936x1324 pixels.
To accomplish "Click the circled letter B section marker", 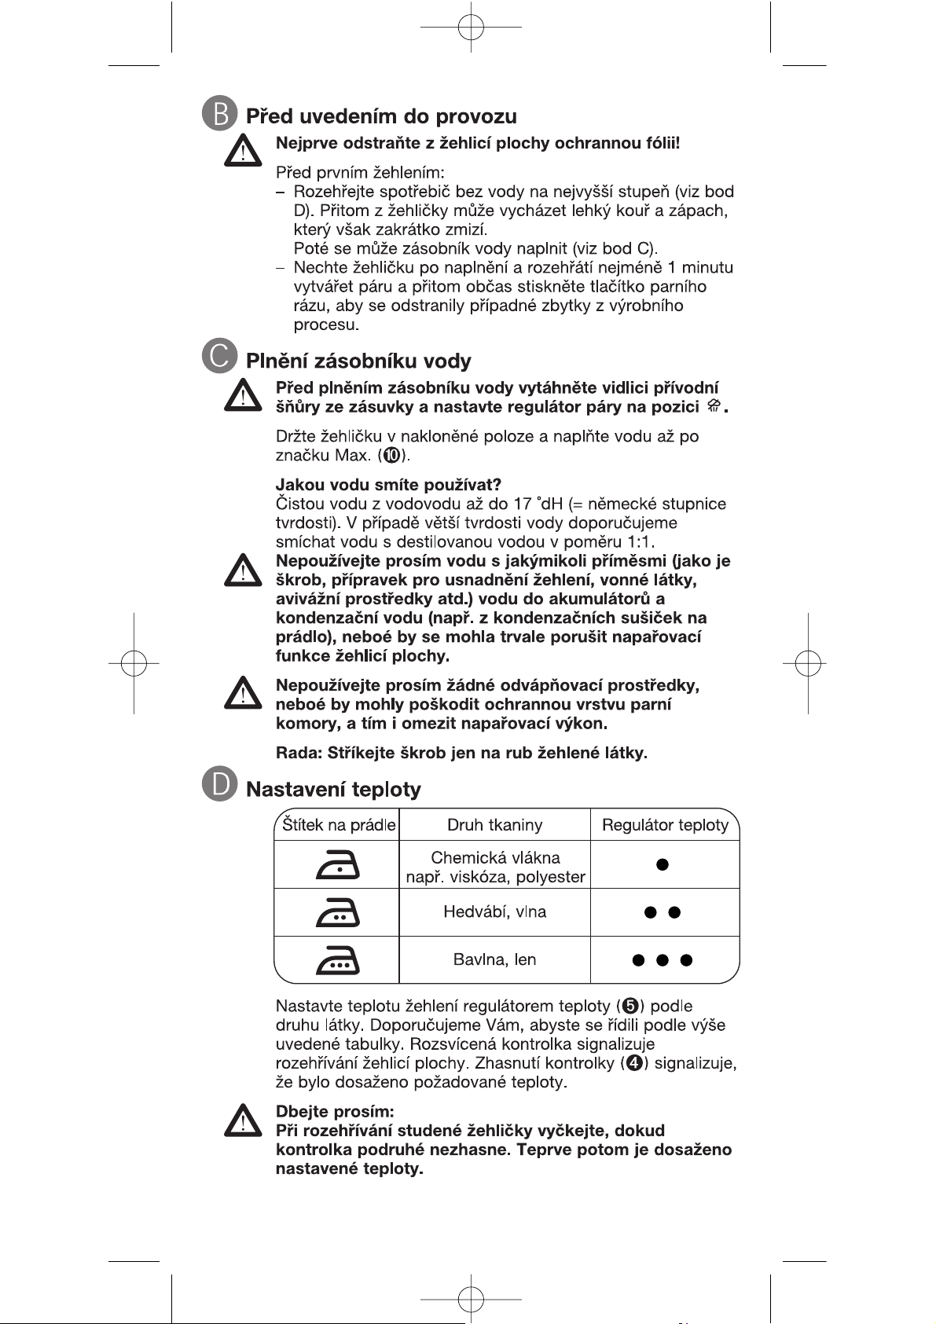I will pyautogui.click(x=219, y=114).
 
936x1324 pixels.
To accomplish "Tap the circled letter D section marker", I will pyautogui.click(x=219, y=785).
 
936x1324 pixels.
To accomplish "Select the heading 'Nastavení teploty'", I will pyautogui.click(x=333, y=790).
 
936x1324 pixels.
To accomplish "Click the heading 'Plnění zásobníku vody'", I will pyautogui.click(x=358, y=361).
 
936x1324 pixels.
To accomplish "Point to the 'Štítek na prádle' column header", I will pyautogui.click(x=338, y=825).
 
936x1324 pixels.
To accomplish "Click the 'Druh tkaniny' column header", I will pyautogui.click(x=494, y=825).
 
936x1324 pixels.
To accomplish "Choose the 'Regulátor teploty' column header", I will pyautogui.click(x=665, y=825).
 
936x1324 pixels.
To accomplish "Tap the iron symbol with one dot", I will pyautogui.click(x=338, y=865).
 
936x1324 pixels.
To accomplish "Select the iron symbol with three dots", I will pyautogui.click(x=338, y=960).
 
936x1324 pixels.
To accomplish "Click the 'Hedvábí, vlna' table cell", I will pyautogui.click(x=494, y=912).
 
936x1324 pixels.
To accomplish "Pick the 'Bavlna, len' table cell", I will pyautogui.click(x=494, y=960).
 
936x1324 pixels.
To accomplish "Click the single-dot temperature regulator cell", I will pyautogui.click(x=663, y=864).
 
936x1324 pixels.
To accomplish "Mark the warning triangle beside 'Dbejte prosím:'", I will pyautogui.click(x=242, y=1121).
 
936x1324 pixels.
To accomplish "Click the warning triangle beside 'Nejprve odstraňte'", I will pyautogui.click(x=242, y=150).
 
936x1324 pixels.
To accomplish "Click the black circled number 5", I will pyautogui.click(x=630, y=1007).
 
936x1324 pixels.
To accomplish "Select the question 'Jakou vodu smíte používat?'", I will pyautogui.click(x=388, y=485).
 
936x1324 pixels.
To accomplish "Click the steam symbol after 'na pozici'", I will pyautogui.click(x=714, y=406).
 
